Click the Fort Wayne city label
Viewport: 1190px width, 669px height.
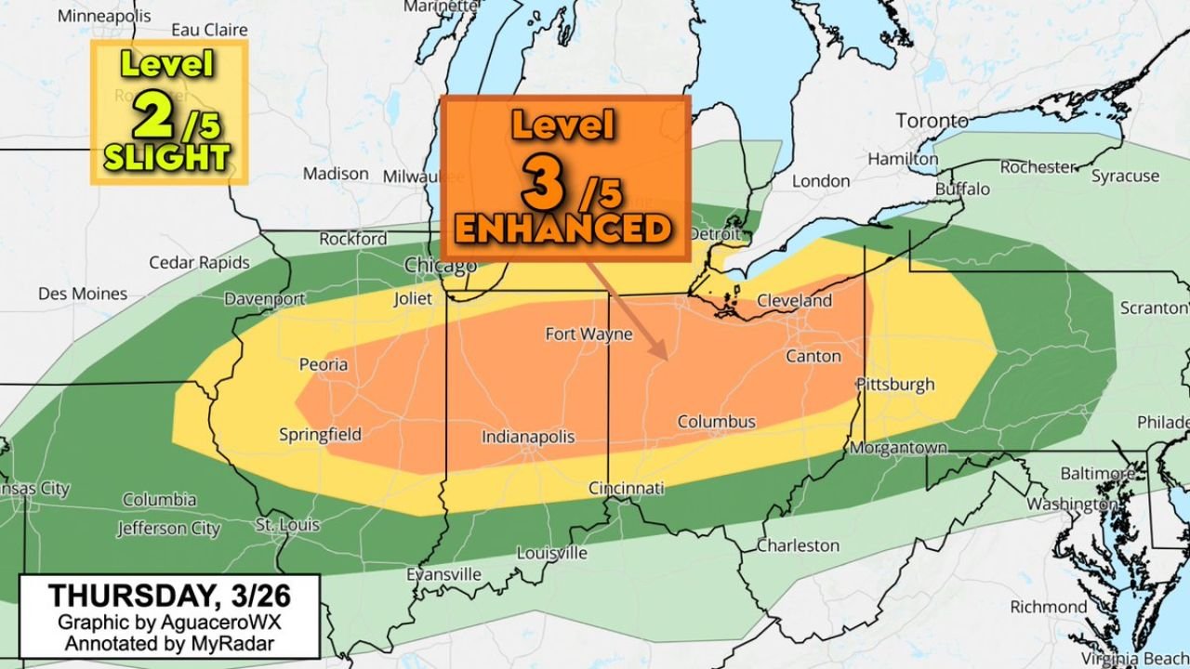point(588,334)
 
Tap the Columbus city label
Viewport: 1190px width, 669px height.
point(716,422)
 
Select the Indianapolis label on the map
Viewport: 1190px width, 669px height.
point(528,437)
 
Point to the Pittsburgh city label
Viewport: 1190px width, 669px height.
point(895,384)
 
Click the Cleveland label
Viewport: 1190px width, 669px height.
point(794,300)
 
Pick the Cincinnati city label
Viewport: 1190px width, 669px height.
point(627,488)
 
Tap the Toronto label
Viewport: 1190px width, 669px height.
point(932,121)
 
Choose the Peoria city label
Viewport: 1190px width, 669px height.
point(324,364)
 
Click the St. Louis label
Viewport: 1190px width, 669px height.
point(287,525)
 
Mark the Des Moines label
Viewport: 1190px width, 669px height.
point(83,294)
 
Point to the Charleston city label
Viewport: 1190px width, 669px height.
point(798,545)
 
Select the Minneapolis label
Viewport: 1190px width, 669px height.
point(104,16)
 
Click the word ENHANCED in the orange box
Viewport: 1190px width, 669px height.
point(564,229)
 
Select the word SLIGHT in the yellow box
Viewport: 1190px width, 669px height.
point(166,157)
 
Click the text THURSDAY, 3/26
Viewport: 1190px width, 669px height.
point(168,595)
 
